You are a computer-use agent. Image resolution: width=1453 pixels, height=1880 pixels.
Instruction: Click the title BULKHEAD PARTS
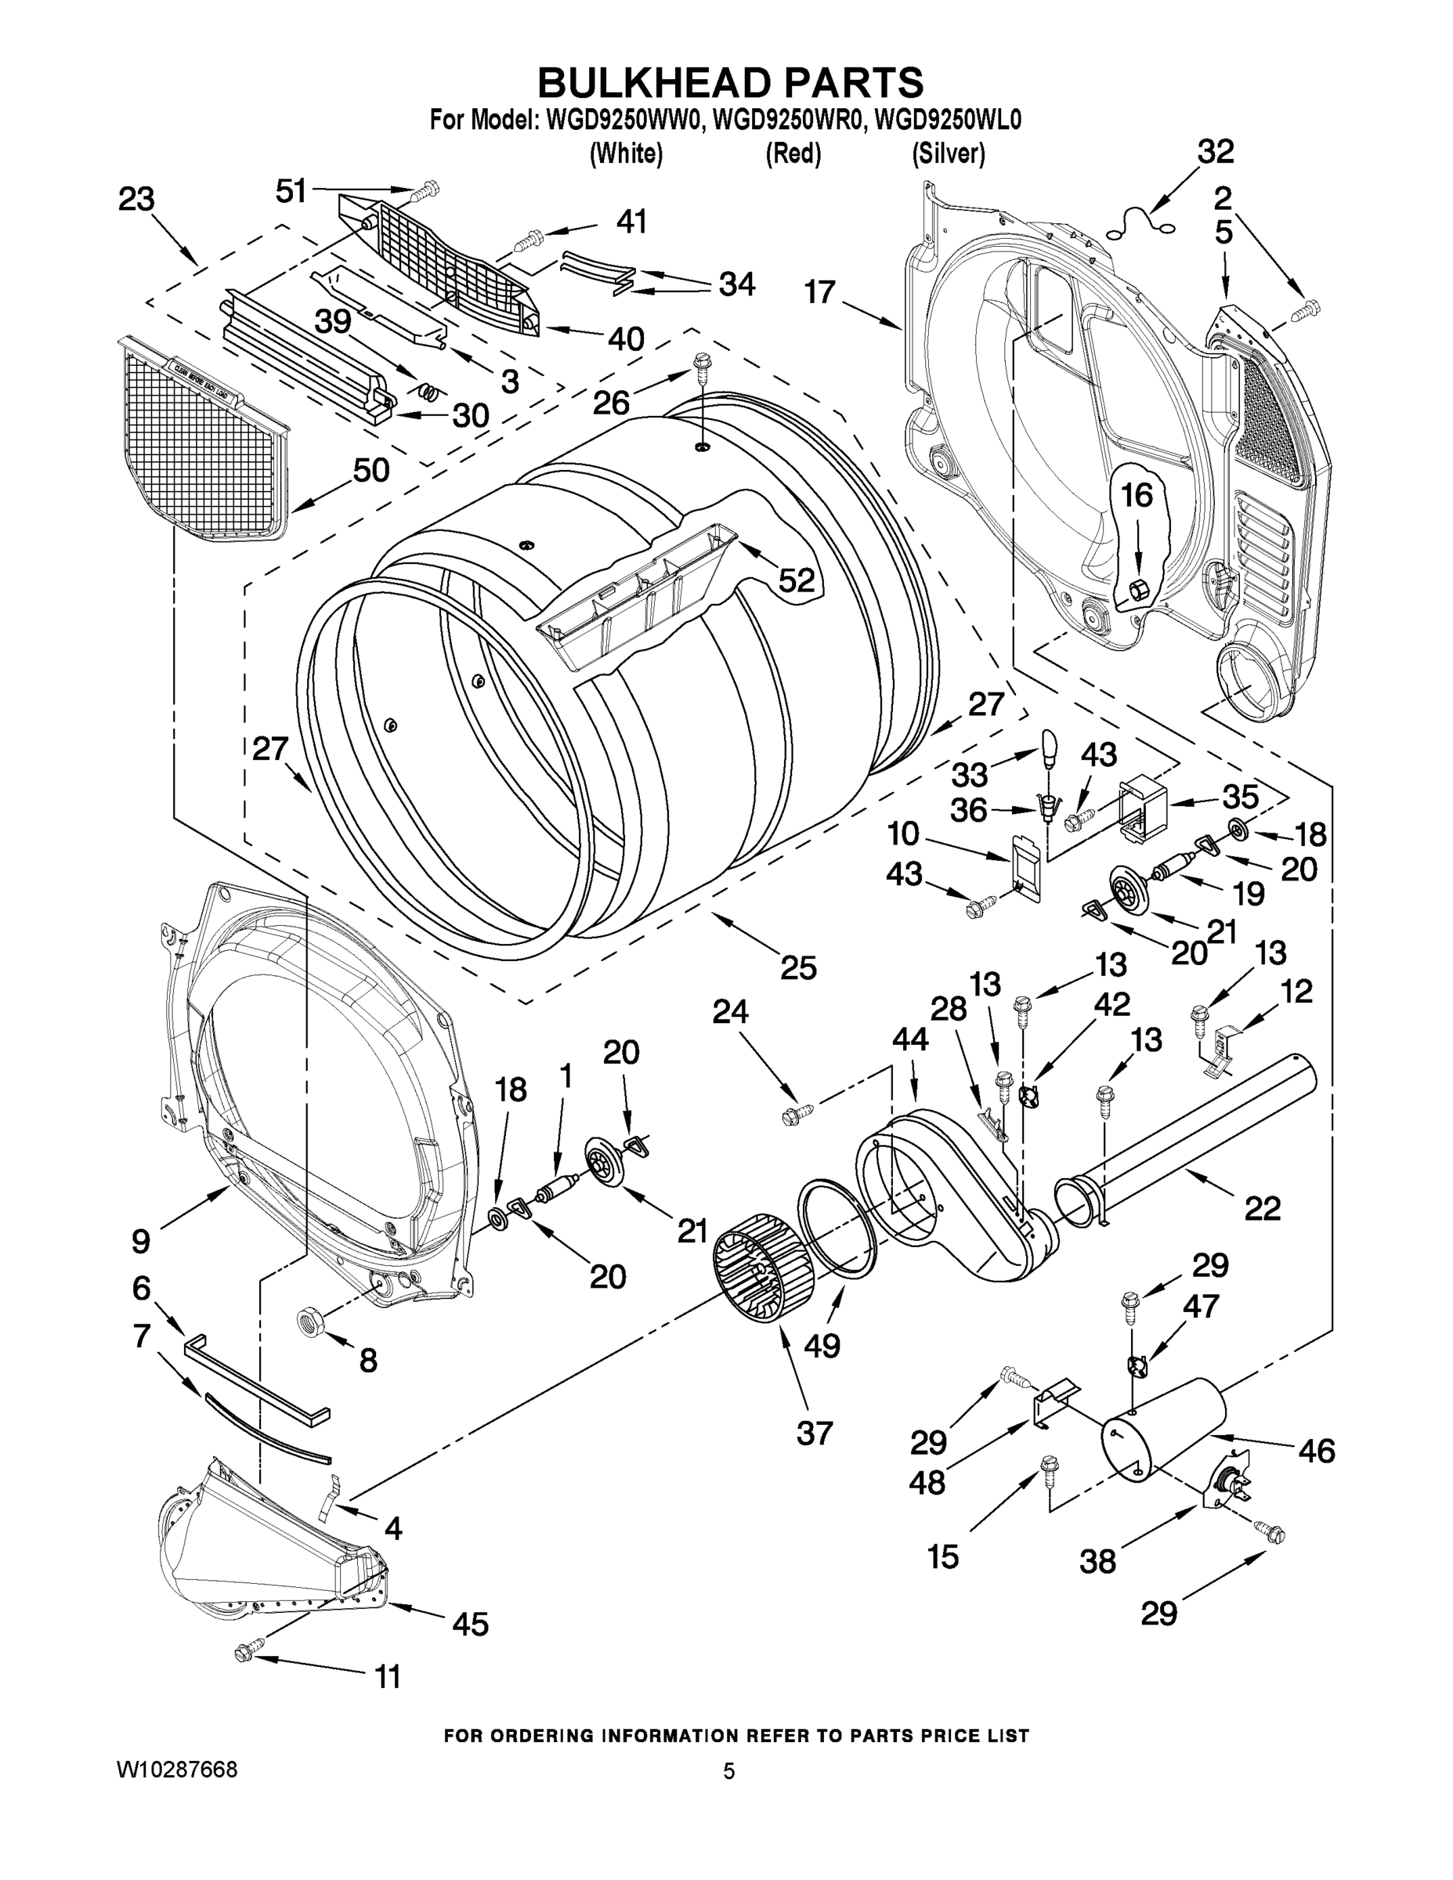(x=730, y=84)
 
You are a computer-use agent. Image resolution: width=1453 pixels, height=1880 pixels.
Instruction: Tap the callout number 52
(x=797, y=580)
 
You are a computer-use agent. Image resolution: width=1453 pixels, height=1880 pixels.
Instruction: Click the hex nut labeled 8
(x=310, y=1319)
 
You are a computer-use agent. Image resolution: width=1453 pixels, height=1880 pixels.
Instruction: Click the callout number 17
(x=820, y=293)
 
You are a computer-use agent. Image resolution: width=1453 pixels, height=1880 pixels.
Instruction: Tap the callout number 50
(x=371, y=470)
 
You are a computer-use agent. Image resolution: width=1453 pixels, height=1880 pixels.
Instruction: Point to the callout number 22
(x=1262, y=1209)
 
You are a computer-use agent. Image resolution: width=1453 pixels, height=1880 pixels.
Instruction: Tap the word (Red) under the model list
(x=793, y=154)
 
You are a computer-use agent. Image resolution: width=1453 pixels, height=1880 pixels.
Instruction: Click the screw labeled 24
(x=793, y=1116)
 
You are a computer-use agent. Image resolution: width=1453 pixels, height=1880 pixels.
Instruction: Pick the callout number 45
(x=470, y=1625)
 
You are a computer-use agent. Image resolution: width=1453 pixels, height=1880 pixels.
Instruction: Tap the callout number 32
(x=1216, y=151)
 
